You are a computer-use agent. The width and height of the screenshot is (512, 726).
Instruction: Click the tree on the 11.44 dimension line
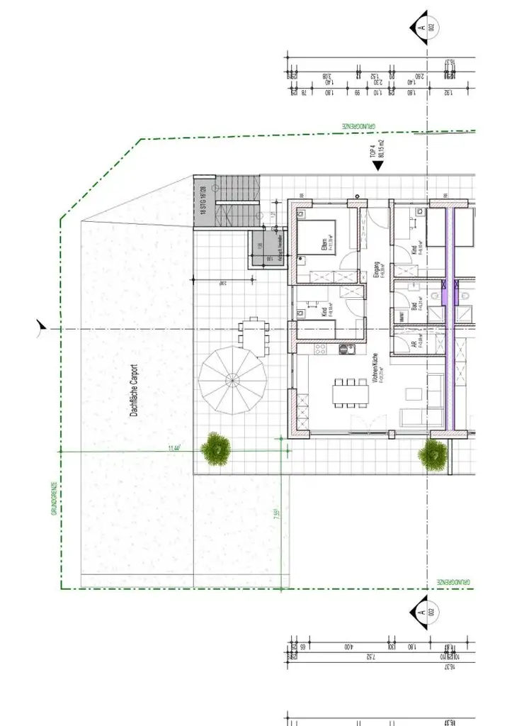[x=215, y=449]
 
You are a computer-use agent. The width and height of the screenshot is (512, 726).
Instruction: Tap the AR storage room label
[x=414, y=345]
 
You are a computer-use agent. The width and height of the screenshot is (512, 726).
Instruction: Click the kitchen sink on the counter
[x=346, y=349]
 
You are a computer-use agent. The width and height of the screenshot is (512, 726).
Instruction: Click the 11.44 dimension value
[x=174, y=447]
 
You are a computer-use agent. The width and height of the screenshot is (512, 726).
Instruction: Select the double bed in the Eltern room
[x=316, y=236]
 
